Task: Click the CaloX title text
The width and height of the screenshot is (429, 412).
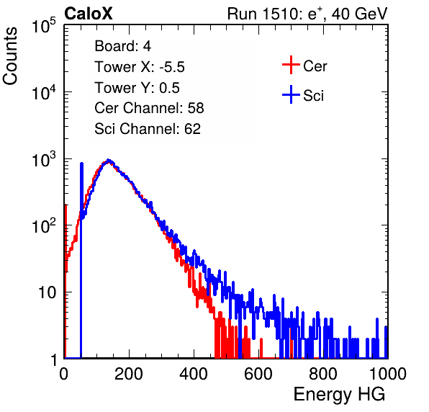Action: (x=89, y=14)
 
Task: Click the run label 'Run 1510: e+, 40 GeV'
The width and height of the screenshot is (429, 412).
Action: (x=307, y=14)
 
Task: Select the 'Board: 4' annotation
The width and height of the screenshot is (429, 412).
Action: (x=122, y=46)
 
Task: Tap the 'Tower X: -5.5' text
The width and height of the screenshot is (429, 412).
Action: (x=140, y=67)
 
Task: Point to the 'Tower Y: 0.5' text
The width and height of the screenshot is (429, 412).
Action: (x=137, y=88)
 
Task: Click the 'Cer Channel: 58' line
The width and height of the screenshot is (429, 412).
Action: (x=149, y=108)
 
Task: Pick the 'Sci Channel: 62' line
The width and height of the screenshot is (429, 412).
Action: (x=148, y=129)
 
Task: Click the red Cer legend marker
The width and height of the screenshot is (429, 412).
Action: (x=291, y=65)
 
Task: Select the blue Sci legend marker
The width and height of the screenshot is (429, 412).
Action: (x=291, y=95)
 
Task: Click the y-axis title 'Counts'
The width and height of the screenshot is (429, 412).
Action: (x=10, y=55)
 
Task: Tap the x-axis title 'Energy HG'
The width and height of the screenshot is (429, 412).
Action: (x=339, y=395)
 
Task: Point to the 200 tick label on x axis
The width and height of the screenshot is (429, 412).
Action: (x=129, y=374)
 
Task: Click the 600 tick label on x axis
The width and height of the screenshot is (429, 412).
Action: (x=258, y=374)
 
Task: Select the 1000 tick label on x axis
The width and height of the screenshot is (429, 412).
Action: (x=388, y=374)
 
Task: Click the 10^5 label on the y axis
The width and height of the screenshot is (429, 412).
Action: (x=44, y=26)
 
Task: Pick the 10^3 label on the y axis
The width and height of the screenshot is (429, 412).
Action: (x=44, y=159)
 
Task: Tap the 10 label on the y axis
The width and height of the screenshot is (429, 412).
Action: (x=47, y=292)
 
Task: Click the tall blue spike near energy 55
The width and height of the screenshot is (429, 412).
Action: (x=81, y=260)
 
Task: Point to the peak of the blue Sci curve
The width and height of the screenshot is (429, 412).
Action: (x=109, y=160)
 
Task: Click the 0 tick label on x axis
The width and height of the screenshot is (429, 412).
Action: (x=64, y=374)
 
